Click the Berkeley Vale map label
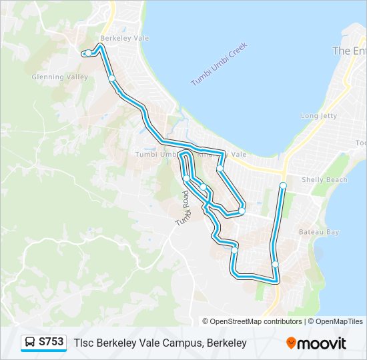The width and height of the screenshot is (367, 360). pos(124,38)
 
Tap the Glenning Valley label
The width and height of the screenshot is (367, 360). pos(60,77)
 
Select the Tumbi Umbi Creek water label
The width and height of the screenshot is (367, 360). pos(219,64)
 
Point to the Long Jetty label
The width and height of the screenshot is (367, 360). pos(319,115)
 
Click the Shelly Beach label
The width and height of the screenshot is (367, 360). pos(324,179)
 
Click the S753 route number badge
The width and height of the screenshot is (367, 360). pos(51,342)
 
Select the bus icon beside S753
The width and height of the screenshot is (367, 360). pos(30,343)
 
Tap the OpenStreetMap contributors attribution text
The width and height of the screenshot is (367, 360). pos(256,321)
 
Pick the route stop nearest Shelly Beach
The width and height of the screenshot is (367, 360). pos(283,185)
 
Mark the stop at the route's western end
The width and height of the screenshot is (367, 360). pos(88,53)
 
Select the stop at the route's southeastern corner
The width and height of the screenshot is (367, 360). pos(275,265)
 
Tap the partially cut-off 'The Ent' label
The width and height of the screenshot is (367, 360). pos(349,51)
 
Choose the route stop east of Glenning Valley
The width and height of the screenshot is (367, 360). pos(111,79)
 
